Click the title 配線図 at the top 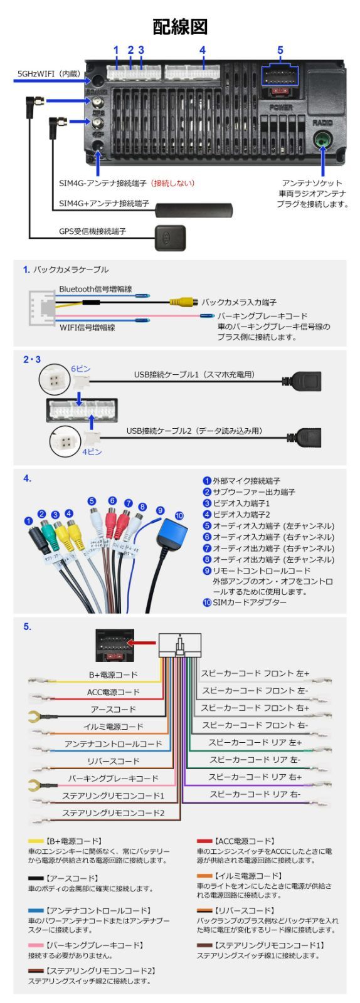click(x=180, y=26)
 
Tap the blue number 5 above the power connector click(x=280, y=50)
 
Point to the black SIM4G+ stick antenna click(x=194, y=209)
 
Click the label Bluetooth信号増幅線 click(x=95, y=289)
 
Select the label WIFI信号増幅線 click(x=87, y=327)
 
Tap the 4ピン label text click(x=92, y=451)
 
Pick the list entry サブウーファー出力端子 click(x=253, y=492)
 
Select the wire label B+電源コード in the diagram click(x=113, y=675)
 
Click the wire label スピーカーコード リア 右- click(x=255, y=794)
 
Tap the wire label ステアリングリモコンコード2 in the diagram click(x=113, y=813)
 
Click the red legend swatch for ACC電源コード click(x=204, y=841)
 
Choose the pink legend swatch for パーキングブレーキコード click(x=36, y=945)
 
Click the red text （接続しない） click(x=172, y=184)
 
